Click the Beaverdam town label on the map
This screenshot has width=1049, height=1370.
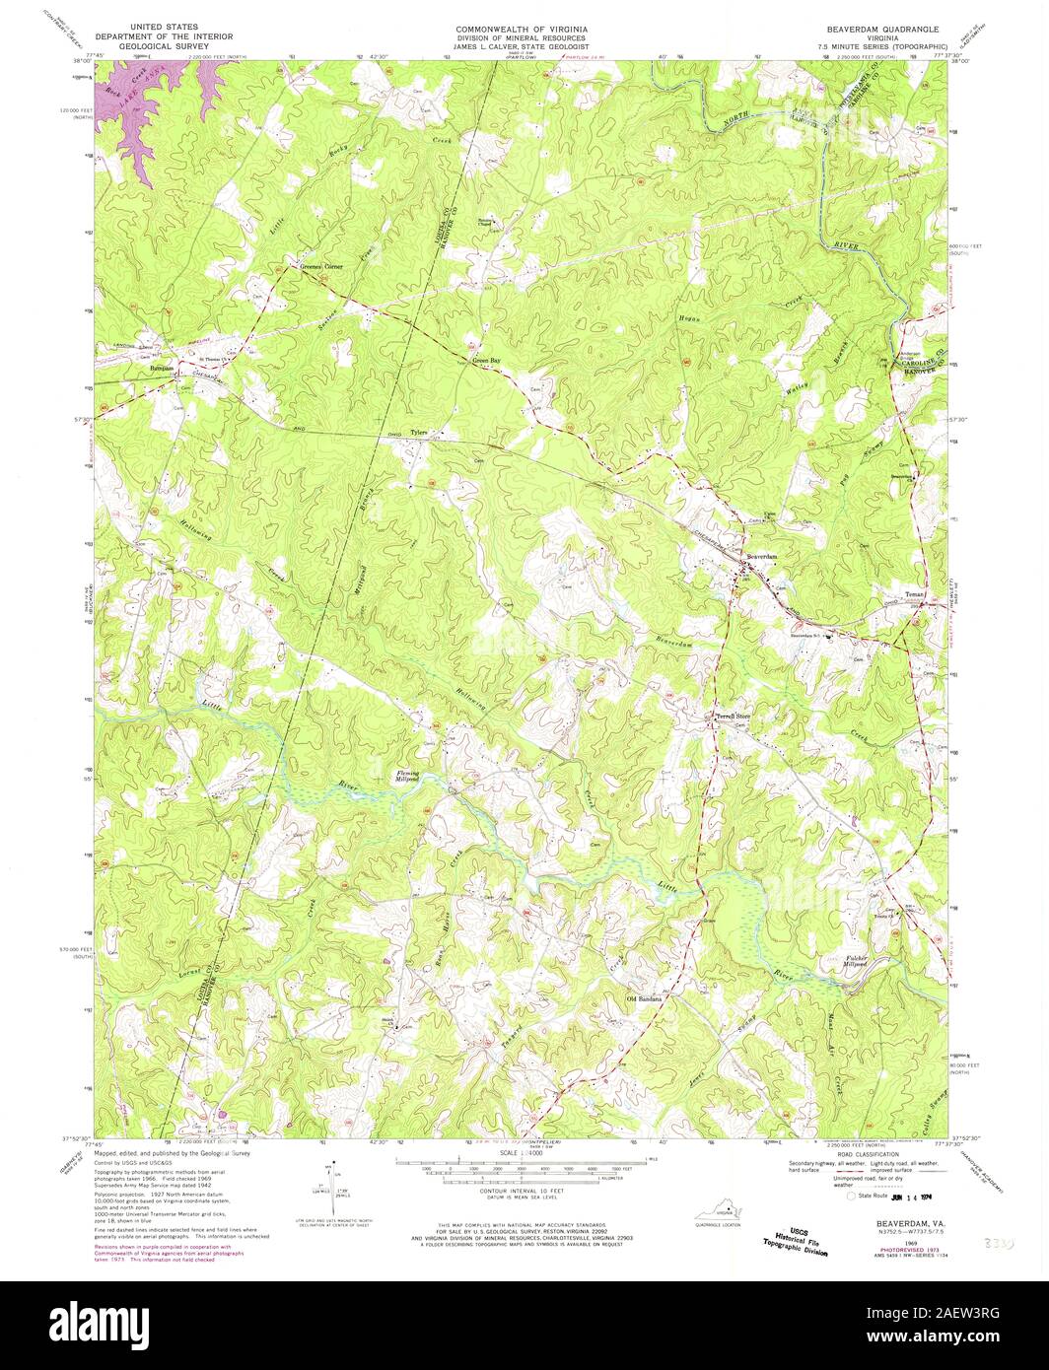(x=762, y=558)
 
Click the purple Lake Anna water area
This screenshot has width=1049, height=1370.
(x=148, y=108)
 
